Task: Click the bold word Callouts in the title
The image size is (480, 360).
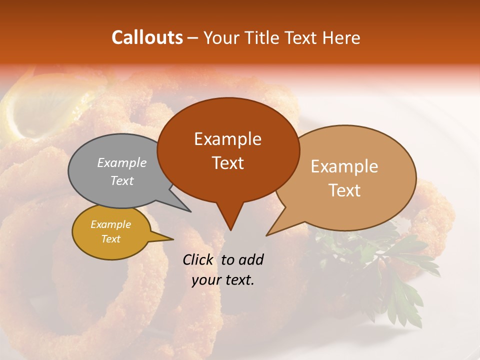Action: point(147,37)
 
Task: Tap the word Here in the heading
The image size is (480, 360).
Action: point(341,38)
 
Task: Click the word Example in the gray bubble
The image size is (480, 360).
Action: point(122,162)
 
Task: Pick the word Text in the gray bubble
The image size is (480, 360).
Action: point(122,180)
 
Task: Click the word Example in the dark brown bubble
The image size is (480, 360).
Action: point(227,139)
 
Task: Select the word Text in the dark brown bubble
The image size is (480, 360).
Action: point(227,163)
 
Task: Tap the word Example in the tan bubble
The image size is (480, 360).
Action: point(344,166)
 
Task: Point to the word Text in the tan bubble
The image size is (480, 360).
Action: point(344,190)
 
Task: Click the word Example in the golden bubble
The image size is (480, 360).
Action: point(110,224)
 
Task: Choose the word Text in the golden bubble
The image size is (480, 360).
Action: point(110,239)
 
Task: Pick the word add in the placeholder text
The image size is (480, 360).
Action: point(251,259)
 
